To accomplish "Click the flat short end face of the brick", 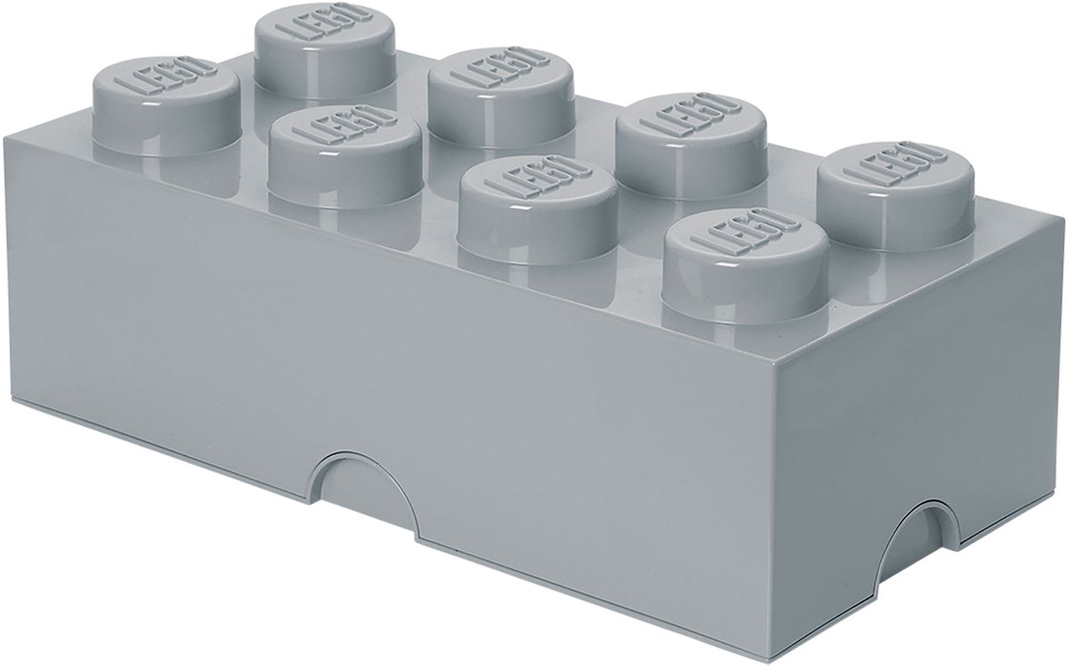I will click(x=917, y=401).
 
